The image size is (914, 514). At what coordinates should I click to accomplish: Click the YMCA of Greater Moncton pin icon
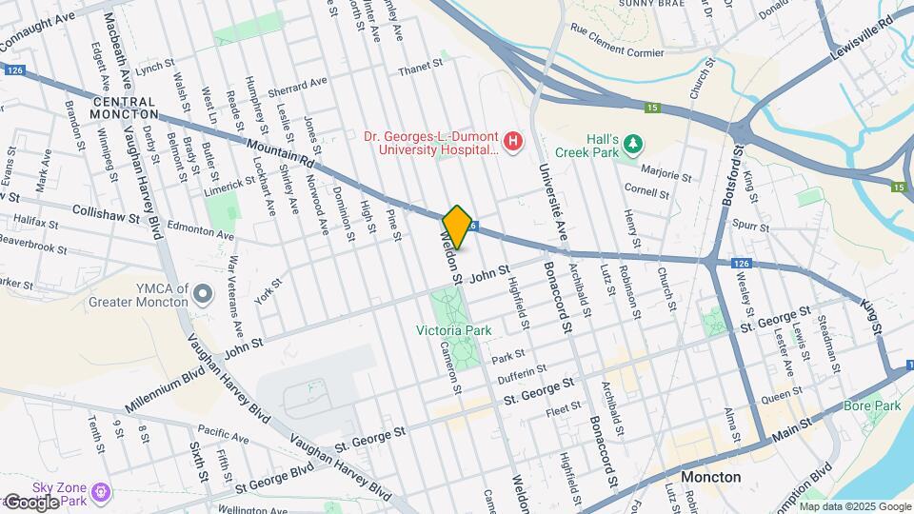coord(202,294)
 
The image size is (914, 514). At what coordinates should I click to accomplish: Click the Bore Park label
coord(872,406)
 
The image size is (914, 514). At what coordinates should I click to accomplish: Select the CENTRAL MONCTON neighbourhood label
coord(124,108)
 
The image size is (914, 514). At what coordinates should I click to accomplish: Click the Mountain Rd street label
coord(280,151)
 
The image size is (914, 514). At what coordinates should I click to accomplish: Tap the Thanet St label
coord(421,66)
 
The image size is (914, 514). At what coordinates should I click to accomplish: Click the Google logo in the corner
coord(30,502)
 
